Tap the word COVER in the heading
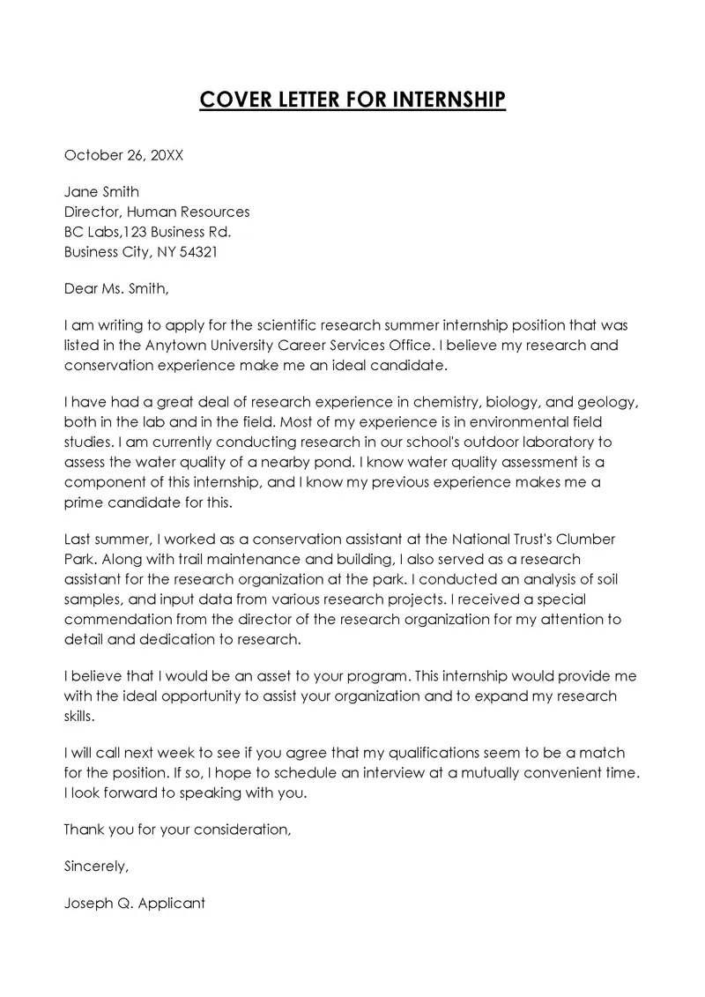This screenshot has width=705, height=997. [231, 100]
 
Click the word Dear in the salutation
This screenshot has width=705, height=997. [81, 288]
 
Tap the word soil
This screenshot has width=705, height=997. [610, 579]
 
